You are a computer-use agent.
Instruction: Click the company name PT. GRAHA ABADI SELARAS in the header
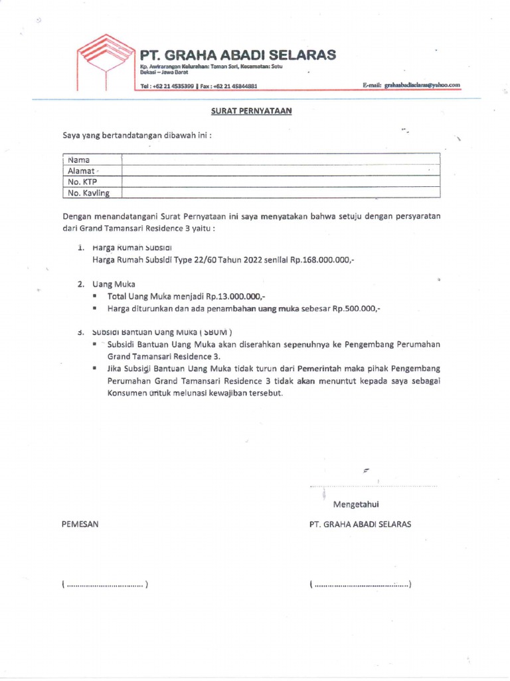237,55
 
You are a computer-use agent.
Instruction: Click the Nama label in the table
78,160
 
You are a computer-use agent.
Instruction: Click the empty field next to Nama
280,160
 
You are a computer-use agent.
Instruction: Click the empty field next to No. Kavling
280,193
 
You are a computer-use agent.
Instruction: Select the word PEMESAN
80,524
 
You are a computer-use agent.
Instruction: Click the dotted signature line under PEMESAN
104,585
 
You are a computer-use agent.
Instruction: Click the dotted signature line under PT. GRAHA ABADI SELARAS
361,585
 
